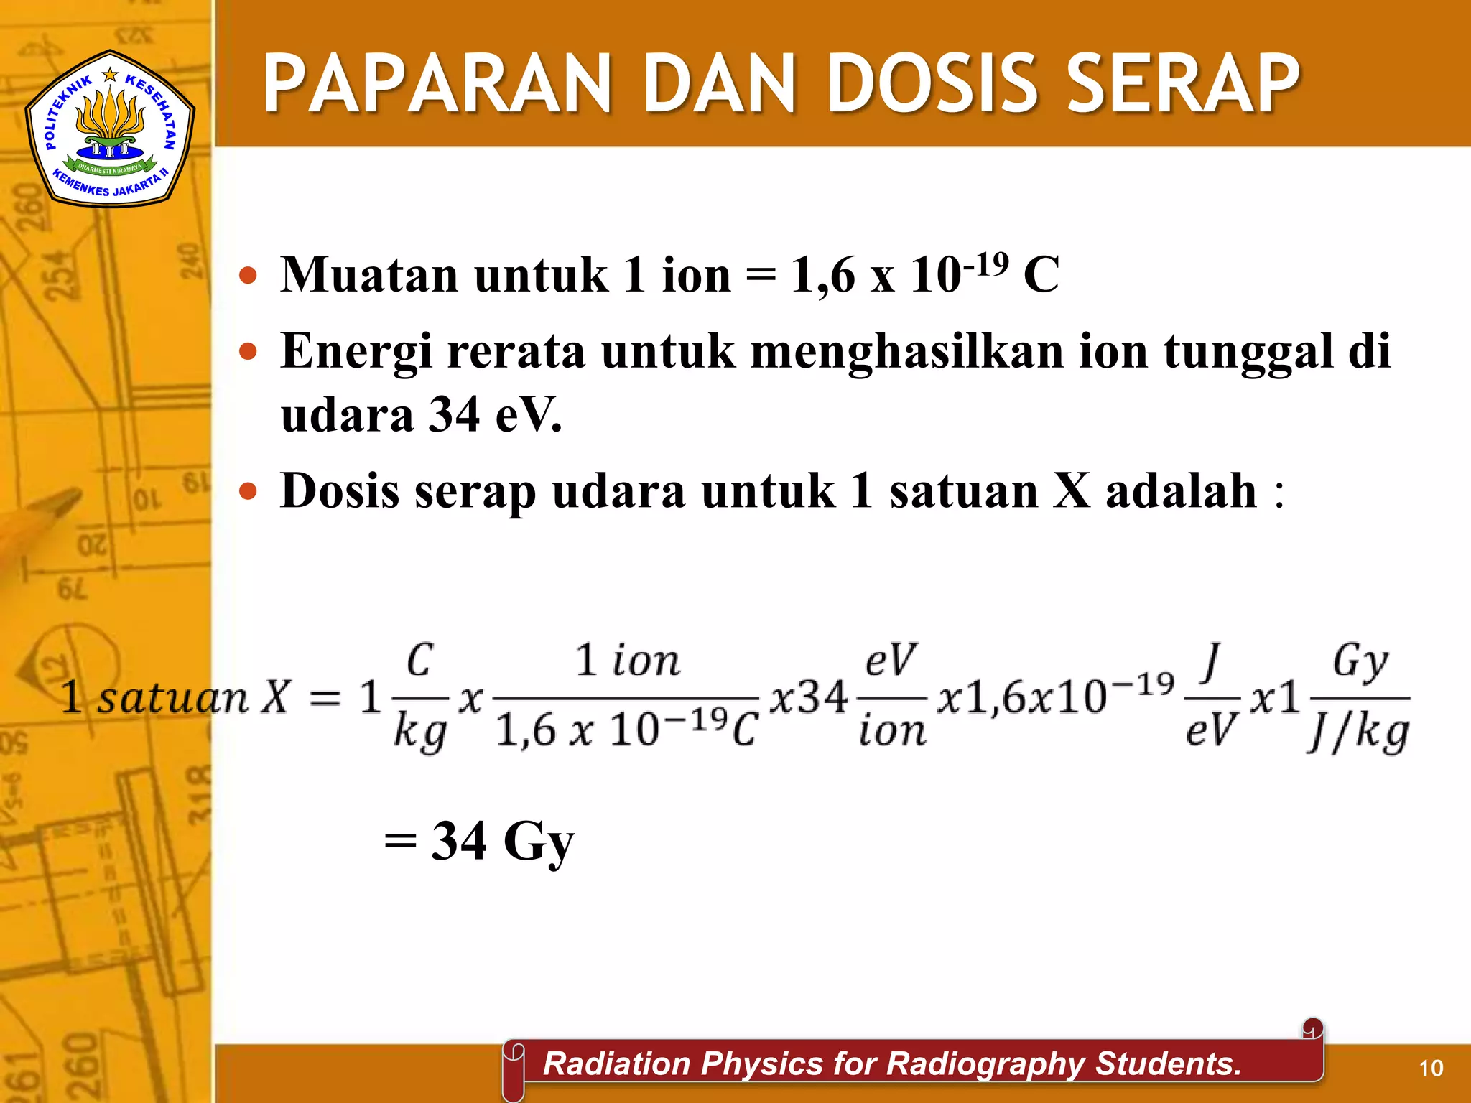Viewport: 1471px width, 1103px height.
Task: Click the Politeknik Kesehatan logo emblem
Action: tap(109, 128)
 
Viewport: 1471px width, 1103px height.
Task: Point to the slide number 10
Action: tap(1431, 1069)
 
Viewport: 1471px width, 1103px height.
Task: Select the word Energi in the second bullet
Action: tap(356, 351)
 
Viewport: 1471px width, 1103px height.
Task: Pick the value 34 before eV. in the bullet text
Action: tap(454, 415)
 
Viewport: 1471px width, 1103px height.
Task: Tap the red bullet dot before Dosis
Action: tap(248, 492)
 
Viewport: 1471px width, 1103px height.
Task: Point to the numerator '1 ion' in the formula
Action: tap(626, 661)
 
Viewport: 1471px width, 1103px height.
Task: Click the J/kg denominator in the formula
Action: tap(1358, 732)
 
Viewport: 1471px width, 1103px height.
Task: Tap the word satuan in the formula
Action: tap(172, 698)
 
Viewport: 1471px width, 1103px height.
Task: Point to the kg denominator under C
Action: tap(420, 732)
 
